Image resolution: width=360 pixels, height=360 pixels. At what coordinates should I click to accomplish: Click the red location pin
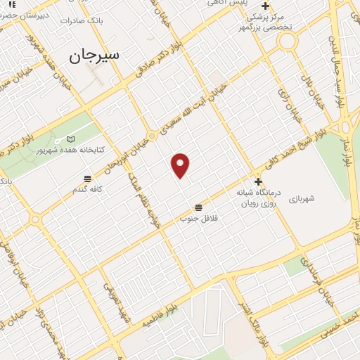[181, 165]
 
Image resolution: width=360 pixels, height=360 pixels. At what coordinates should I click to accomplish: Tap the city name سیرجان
[95, 55]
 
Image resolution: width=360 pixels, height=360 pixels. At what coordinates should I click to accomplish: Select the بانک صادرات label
[101, 21]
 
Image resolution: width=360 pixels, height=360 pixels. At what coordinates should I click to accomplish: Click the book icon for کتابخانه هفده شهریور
[70, 139]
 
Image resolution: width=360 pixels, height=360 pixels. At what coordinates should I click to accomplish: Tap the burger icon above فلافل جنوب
[199, 207]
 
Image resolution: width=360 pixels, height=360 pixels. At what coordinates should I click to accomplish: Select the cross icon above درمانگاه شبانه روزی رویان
[258, 181]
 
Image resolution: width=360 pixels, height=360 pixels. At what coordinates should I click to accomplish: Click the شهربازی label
[321, 198]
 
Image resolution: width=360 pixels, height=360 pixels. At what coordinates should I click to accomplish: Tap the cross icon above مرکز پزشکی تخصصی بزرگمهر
[265, 6]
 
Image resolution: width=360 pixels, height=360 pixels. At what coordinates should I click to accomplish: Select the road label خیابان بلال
[311, 90]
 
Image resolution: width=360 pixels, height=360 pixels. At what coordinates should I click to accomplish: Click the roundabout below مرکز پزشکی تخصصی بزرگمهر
[286, 41]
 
